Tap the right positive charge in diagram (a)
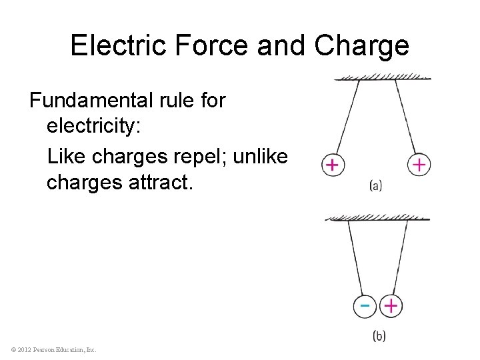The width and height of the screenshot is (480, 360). pyautogui.click(x=419, y=165)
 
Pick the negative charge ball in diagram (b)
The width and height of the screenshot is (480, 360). pyautogui.click(x=365, y=306)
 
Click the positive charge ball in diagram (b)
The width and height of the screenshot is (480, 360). pyautogui.click(x=391, y=306)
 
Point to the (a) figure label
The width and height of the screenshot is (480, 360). pyautogui.click(x=375, y=186)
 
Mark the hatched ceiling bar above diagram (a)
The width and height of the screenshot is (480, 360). pyautogui.click(x=382, y=77)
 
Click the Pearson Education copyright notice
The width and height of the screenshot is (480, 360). pyautogui.click(x=54, y=349)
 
